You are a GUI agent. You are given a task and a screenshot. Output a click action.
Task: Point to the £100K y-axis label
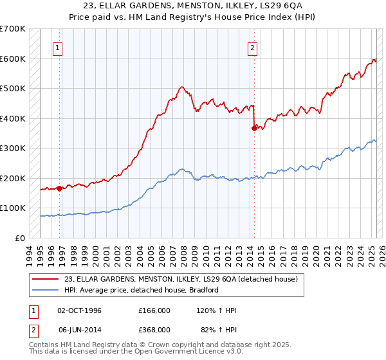tap(13, 208)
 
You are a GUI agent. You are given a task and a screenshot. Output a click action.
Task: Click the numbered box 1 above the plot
tap(58, 47)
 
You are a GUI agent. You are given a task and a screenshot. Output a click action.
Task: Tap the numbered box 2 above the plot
tap(253, 47)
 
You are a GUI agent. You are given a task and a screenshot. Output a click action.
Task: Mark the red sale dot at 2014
tap(254, 128)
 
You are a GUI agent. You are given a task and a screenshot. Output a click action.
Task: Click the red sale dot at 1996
tap(59, 188)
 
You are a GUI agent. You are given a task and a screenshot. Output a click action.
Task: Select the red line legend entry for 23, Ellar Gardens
tap(181, 280)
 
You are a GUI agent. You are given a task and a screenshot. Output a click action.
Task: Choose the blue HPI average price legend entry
tap(142, 290)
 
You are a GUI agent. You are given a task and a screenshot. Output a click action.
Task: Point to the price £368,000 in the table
tap(154, 329)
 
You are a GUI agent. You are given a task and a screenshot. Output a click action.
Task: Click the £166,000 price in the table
tap(154, 310)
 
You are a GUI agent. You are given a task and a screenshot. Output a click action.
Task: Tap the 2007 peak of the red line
tap(182, 87)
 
